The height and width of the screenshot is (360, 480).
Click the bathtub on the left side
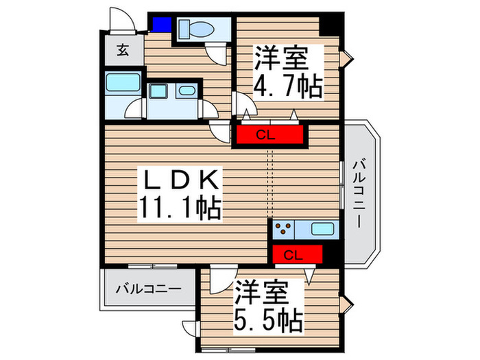pyautogui.click(x=124, y=88)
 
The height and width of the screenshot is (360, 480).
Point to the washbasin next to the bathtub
pyautogui.click(x=184, y=91)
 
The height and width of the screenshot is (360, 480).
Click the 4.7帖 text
pyautogui.click(x=289, y=87)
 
